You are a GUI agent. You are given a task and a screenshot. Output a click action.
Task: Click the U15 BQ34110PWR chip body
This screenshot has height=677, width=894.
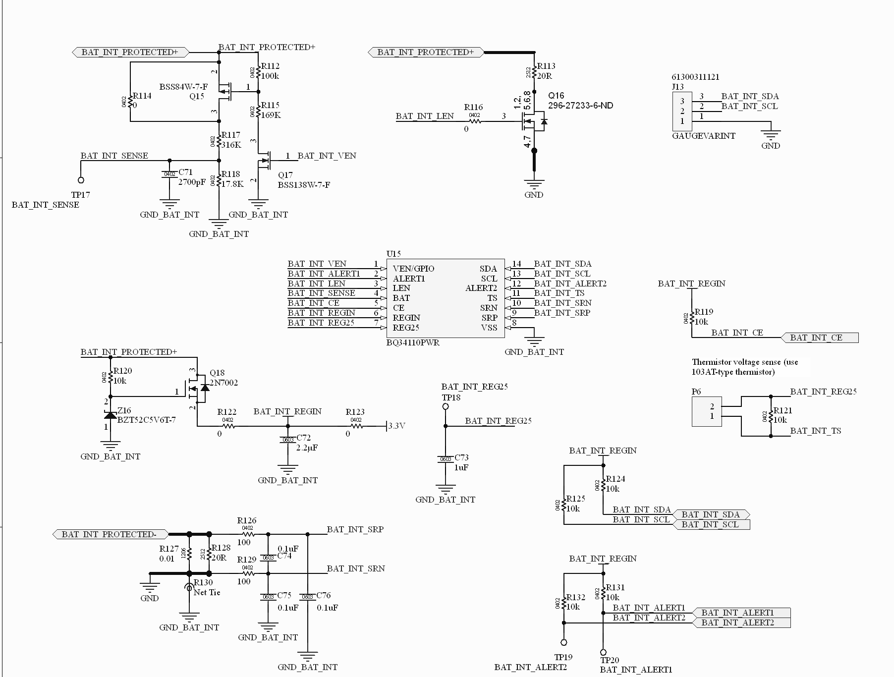445,298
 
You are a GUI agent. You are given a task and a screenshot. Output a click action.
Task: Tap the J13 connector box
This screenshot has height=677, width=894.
682,111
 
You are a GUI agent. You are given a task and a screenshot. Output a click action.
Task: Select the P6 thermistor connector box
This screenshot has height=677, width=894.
707,411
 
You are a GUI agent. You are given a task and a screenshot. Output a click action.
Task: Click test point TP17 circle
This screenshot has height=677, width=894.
81,180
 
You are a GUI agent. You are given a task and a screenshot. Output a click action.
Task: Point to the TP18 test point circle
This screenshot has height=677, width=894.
446,406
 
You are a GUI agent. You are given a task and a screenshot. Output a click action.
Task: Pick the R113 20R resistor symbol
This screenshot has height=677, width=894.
534,72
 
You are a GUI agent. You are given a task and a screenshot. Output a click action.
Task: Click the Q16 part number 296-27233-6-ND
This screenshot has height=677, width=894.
580,106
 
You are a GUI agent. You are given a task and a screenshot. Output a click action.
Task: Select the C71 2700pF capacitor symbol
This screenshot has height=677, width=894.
169,174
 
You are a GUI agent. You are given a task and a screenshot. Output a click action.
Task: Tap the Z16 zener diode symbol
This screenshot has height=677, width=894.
110,414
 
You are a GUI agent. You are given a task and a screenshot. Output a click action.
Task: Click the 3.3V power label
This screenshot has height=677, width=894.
396,426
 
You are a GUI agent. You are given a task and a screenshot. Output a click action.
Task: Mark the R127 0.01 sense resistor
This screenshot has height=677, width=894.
189,554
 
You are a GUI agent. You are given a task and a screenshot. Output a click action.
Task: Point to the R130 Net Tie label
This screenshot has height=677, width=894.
207,592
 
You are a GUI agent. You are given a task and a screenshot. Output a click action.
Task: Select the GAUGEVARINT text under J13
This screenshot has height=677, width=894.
703,136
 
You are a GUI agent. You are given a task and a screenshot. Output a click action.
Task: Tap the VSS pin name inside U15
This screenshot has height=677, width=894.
489,328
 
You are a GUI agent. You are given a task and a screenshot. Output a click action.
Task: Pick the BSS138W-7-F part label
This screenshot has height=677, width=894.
304,185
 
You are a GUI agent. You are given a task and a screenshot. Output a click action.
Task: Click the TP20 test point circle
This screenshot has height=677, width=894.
603,652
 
